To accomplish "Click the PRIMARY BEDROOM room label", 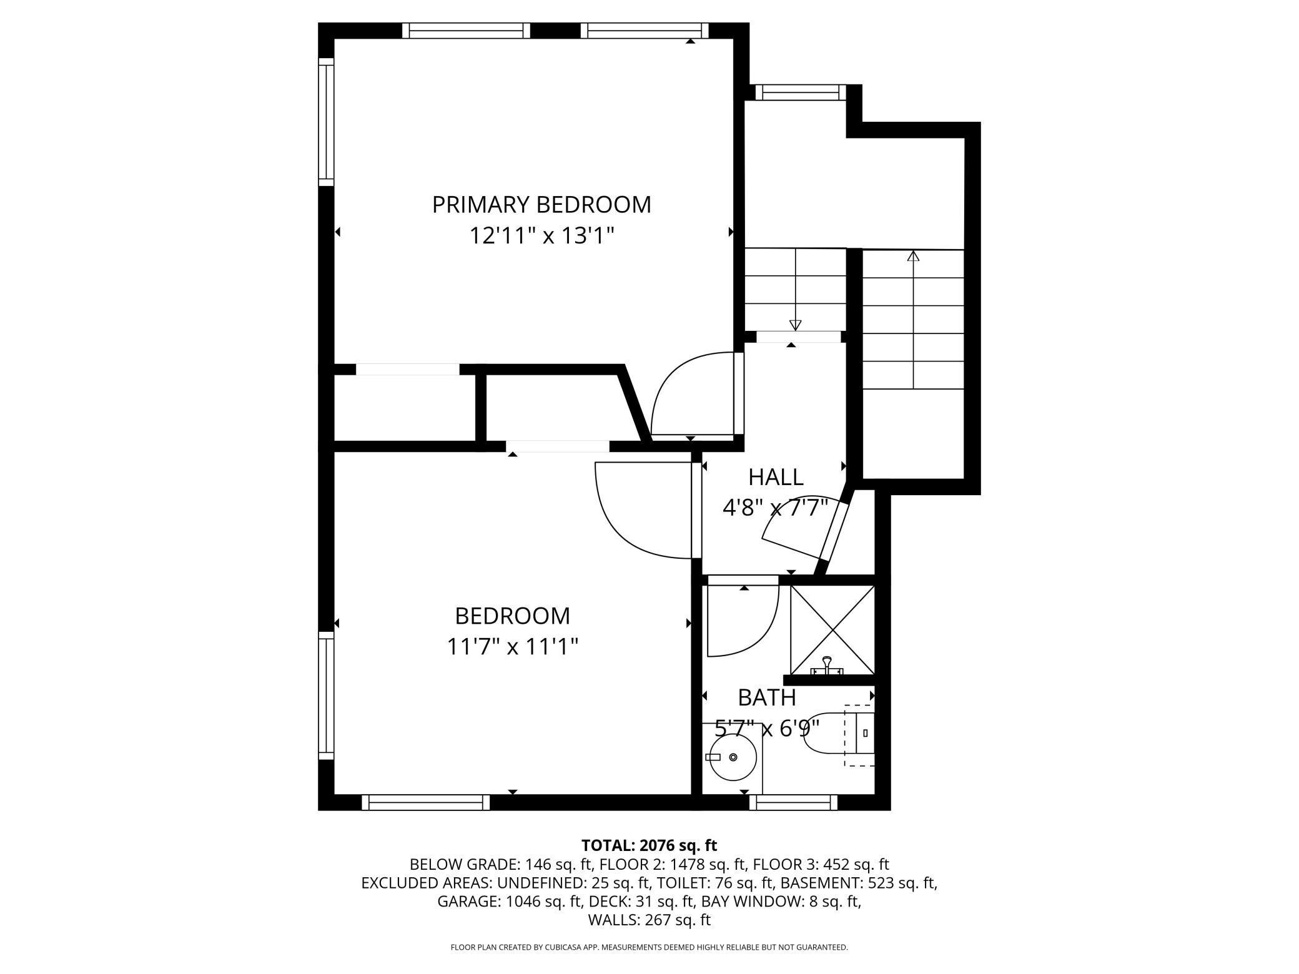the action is pos(541,205).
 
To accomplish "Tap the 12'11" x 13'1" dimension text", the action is pos(541,236).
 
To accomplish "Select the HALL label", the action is pos(776,478).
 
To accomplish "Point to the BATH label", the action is pos(766,697).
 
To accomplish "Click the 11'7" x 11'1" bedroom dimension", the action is pos(512,646).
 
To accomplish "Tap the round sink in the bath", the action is pos(734,757).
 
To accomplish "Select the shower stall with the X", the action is pos(832,629).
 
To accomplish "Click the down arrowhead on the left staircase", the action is pos(795,325).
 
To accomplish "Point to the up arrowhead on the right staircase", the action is pos(914,255).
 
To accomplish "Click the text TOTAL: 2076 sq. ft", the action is pos(649,845).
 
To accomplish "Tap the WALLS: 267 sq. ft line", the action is pos(649,920).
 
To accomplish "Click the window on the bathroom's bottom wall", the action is pos(793,802).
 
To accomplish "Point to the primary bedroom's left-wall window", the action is pos(326,122).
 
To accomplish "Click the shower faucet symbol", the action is pos(827,666).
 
